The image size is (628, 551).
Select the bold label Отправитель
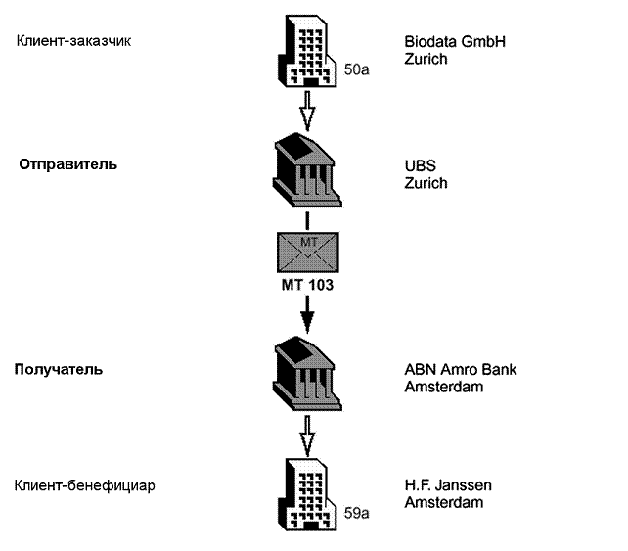tap(68, 164)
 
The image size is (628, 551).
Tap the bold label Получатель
tap(59, 370)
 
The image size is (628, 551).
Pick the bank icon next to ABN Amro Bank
tap(308, 376)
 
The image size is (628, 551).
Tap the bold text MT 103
tap(308, 290)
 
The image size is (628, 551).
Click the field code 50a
tap(357, 71)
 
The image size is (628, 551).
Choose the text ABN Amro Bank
tap(460, 370)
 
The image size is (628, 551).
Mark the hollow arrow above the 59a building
tap(308, 436)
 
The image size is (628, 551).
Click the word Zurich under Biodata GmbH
tap(426, 59)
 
